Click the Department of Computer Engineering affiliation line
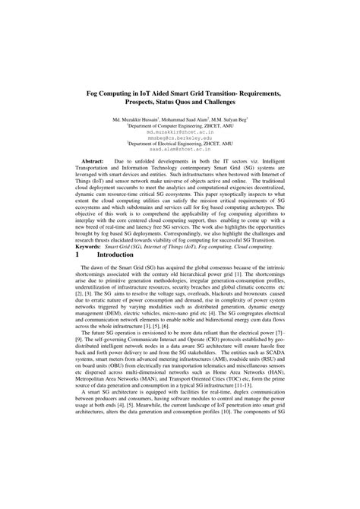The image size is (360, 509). point(179,125)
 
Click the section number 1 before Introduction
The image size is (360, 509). point(77,257)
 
